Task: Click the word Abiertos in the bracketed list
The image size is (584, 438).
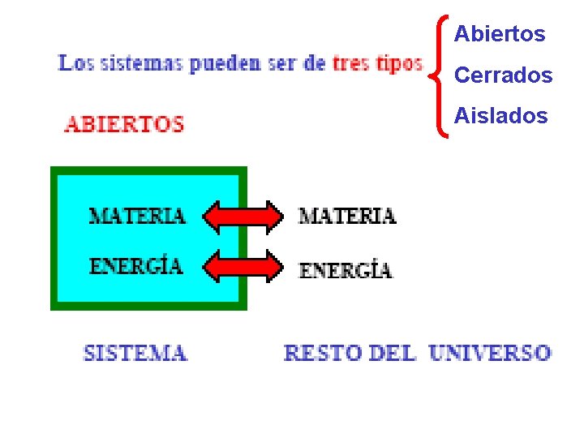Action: (500, 34)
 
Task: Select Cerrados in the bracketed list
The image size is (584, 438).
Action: (503, 75)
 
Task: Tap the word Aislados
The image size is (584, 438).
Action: (500, 116)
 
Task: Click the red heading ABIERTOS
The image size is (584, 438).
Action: (124, 125)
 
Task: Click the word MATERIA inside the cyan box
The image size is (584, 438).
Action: (137, 216)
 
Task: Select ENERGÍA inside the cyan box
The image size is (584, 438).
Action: (136, 266)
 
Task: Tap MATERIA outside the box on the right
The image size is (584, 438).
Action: (347, 216)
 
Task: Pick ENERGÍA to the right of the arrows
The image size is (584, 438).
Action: (346, 270)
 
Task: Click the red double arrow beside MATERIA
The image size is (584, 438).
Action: (243, 216)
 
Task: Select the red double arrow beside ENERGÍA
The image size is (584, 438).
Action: (243, 266)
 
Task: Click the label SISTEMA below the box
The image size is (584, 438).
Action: (135, 354)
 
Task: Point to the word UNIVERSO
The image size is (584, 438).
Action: (490, 354)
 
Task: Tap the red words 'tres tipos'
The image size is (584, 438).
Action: (377, 63)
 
